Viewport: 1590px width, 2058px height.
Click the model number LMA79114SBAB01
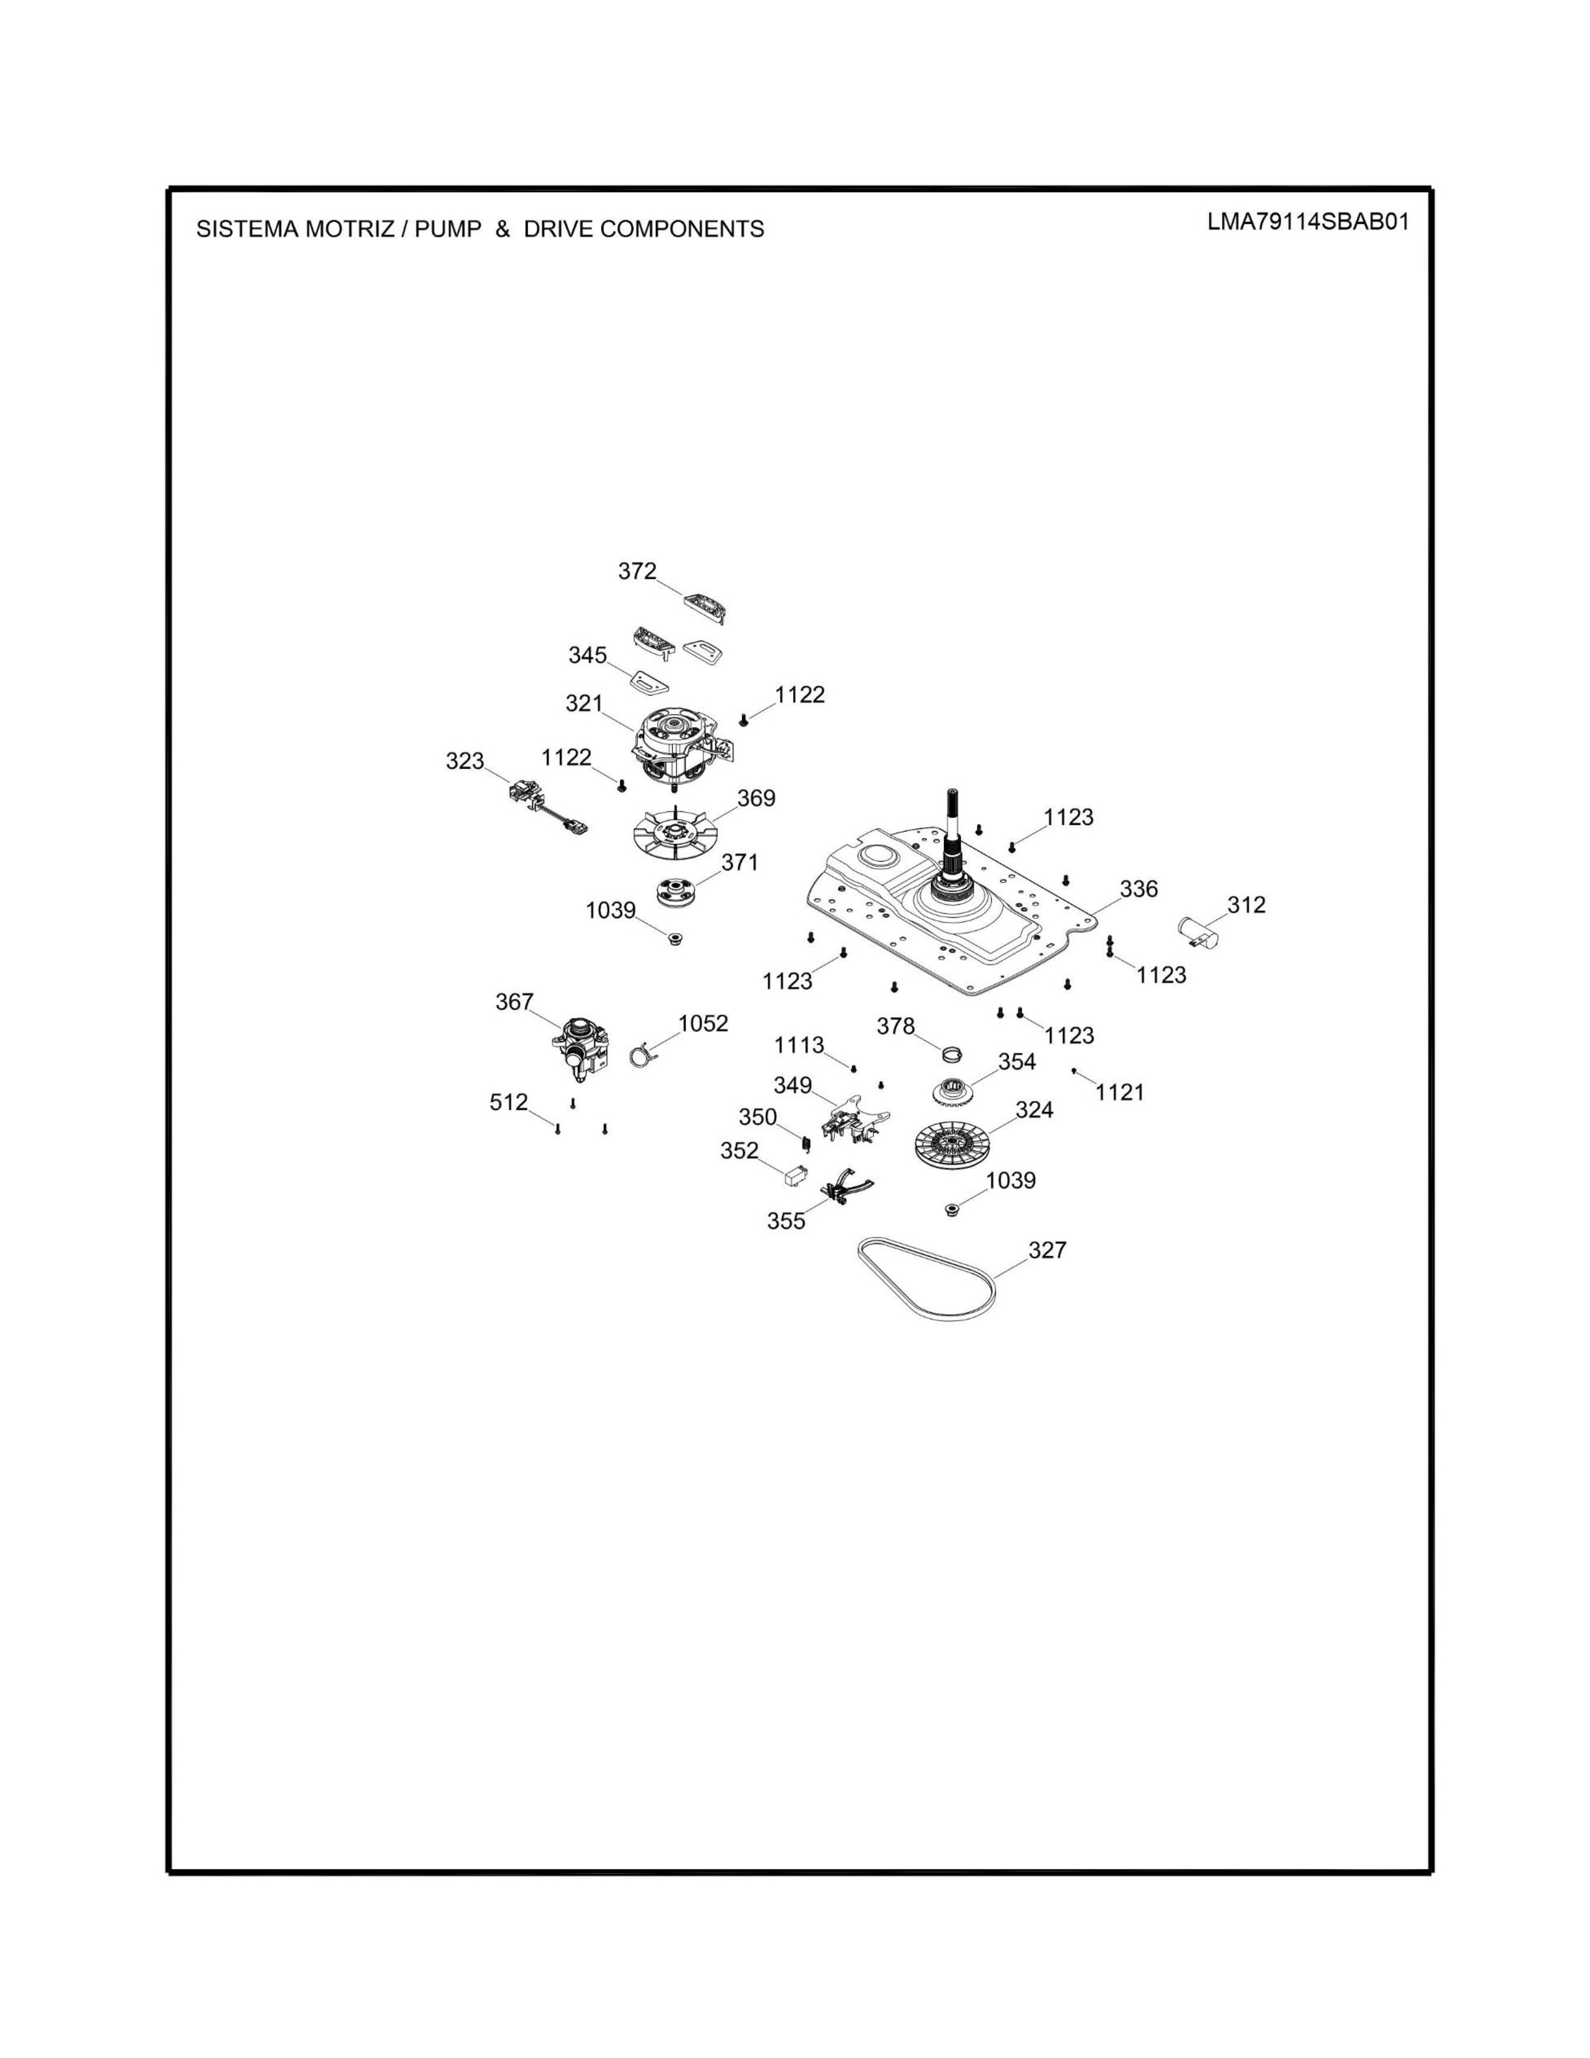[1308, 223]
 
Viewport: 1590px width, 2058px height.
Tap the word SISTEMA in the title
[247, 229]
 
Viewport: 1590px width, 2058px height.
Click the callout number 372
[637, 571]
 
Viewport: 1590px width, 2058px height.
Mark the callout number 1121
[1120, 1092]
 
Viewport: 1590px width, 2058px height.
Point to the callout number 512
[509, 1101]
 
